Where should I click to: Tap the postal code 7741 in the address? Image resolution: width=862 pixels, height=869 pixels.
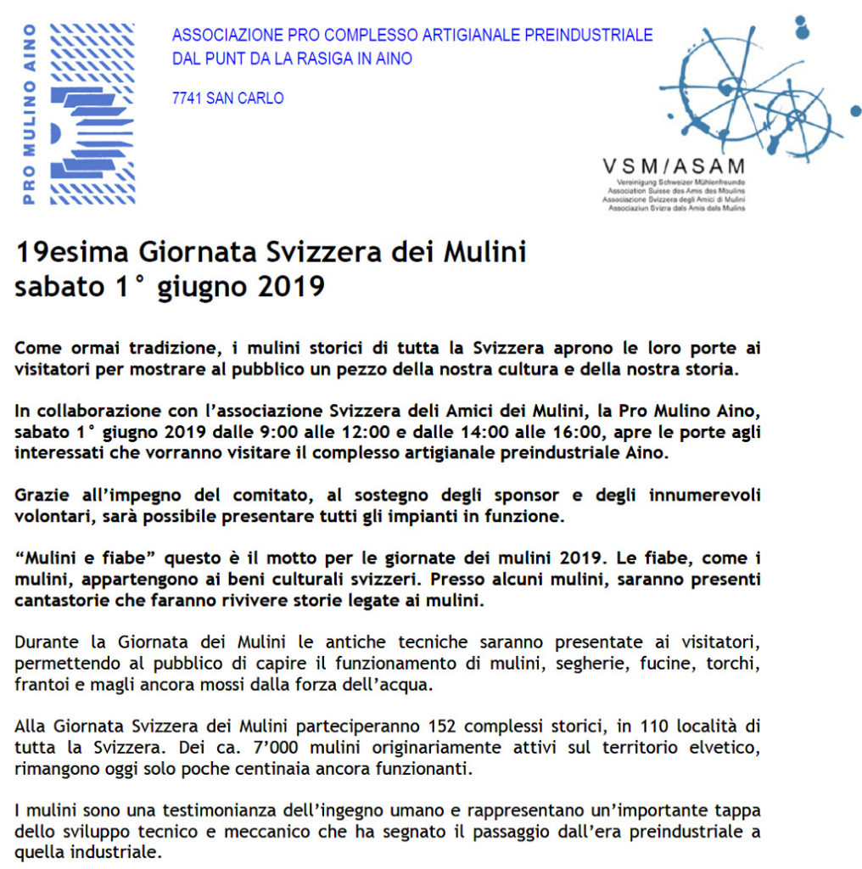click(186, 98)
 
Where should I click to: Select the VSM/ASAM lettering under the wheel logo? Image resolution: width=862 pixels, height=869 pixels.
click(673, 166)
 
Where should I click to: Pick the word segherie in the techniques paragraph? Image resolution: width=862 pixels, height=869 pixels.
click(589, 664)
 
